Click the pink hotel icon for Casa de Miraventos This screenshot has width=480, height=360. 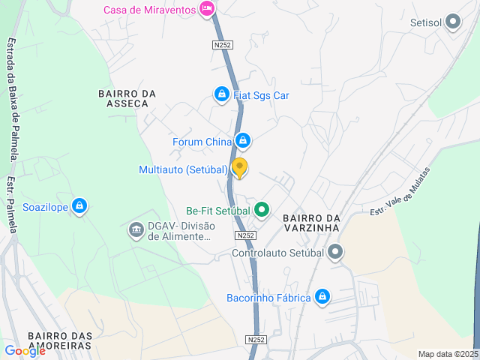point(208,10)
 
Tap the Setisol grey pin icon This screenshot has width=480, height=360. point(452,22)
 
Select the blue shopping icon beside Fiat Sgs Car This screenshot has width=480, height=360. point(221,94)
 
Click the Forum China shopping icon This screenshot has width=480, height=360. point(242,141)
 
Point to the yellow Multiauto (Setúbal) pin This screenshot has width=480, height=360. point(239,168)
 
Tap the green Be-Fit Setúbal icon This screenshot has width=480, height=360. point(261,209)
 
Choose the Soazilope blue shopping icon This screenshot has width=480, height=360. point(79,206)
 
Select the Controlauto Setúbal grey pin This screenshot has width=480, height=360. point(335,252)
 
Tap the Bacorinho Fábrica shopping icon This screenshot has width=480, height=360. point(322,297)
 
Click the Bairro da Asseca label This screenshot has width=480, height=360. point(127,98)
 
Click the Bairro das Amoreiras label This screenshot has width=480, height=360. point(59,341)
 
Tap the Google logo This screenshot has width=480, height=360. point(24,350)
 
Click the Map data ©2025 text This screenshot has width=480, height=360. point(448,354)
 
